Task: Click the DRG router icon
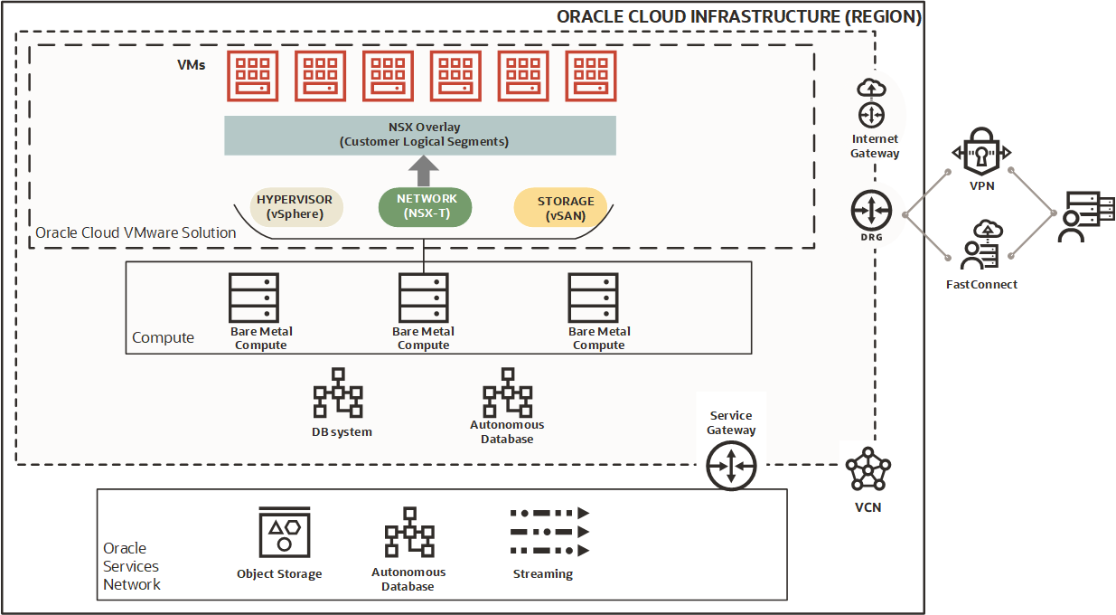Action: click(x=871, y=212)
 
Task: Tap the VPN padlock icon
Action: click(x=980, y=153)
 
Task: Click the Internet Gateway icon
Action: click(x=871, y=102)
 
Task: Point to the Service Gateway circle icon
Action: click(x=730, y=466)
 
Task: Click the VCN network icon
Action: click(x=867, y=470)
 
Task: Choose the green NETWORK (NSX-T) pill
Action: click(x=424, y=206)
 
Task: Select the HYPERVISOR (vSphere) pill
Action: click(x=294, y=206)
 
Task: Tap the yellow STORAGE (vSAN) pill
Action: click(x=566, y=207)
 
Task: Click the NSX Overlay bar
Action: click(x=420, y=135)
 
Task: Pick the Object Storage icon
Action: click(x=284, y=534)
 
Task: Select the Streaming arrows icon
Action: click(x=549, y=532)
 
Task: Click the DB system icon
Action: click(x=338, y=393)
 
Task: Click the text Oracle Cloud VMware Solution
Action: click(x=136, y=232)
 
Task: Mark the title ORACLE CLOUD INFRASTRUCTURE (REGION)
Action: click(x=738, y=17)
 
